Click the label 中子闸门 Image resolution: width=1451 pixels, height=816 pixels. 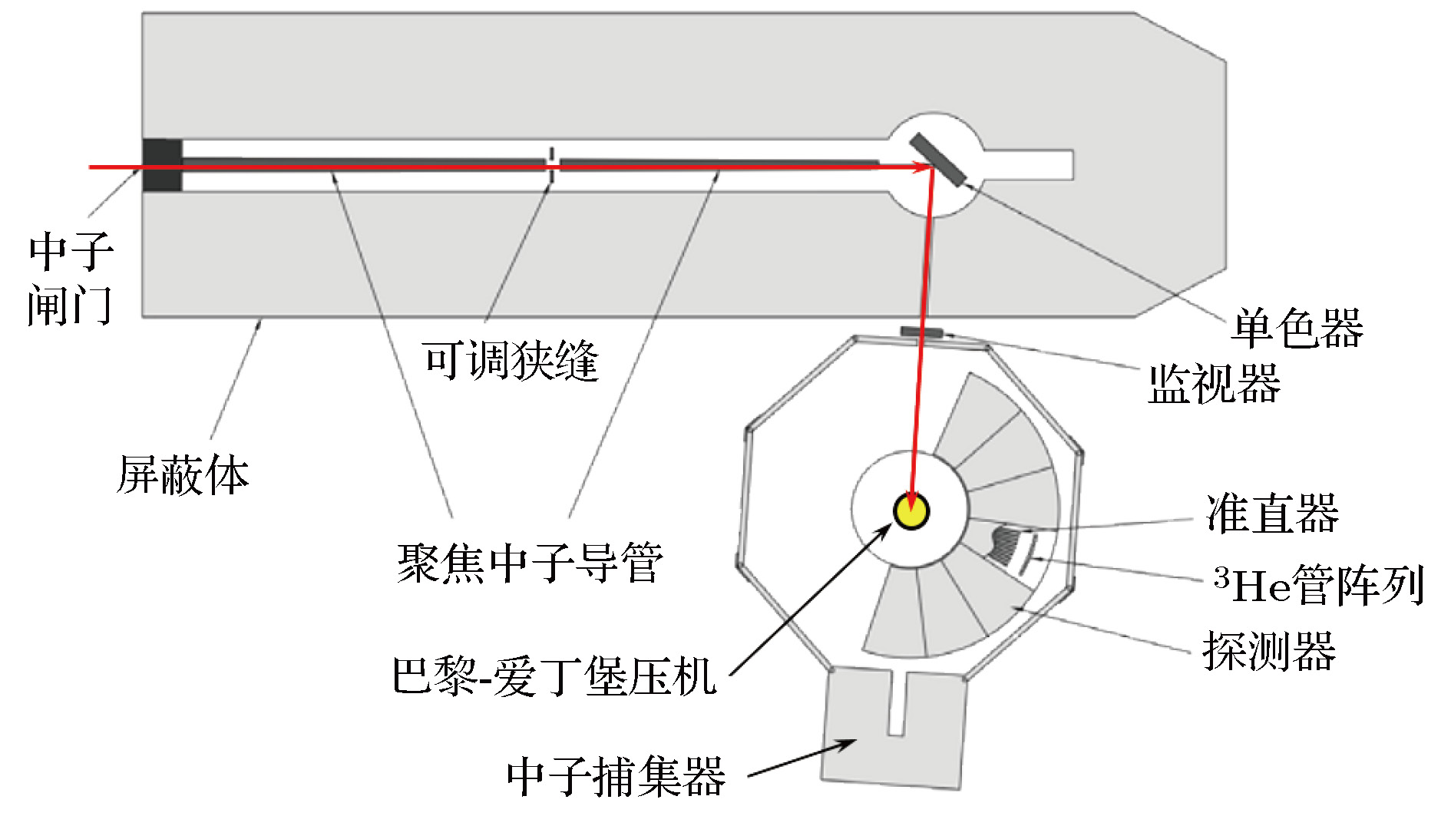[71, 278]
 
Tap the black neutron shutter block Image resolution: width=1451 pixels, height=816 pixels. [162, 165]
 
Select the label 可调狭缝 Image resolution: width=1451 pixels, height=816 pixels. [511, 359]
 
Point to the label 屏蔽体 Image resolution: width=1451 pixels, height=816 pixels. [183, 474]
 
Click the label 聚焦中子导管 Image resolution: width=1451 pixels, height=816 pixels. [530, 563]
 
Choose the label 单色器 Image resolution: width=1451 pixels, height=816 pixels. [1297, 328]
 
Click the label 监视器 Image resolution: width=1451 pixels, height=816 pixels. [1214, 383]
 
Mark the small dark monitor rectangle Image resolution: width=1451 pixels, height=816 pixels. [922, 332]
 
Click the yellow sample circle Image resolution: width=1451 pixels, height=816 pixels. [911, 511]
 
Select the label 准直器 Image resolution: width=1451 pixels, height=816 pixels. [1272, 513]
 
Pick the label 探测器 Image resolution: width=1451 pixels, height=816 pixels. [1269, 651]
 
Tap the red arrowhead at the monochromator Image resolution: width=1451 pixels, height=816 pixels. [921, 167]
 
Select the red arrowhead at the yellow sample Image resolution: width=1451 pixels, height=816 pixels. [911, 501]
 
